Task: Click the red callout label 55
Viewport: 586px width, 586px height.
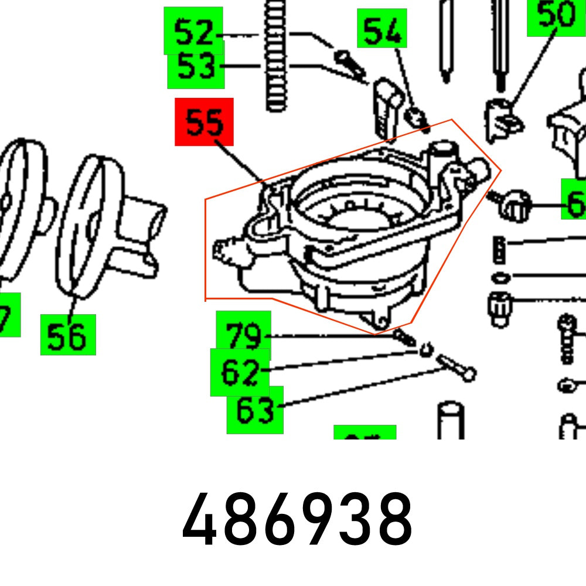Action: [204, 122]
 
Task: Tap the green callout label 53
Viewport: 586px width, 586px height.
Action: [196, 67]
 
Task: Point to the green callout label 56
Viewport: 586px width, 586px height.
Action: [68, 335]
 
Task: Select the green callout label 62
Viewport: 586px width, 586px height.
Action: [240, 372]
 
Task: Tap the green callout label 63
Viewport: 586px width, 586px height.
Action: [255, 410]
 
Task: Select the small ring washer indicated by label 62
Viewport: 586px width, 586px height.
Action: [425, 350]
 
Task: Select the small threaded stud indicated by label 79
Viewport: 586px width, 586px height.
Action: [404, 338]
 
